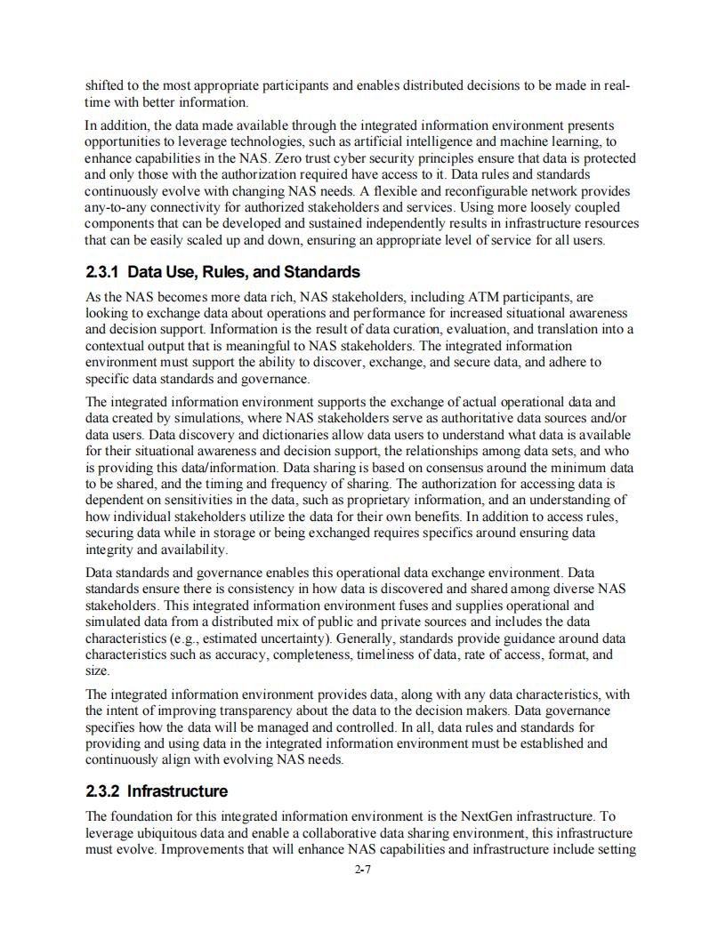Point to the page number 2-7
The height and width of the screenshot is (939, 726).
point(362,870)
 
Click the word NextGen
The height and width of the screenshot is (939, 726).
point(488,815)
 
